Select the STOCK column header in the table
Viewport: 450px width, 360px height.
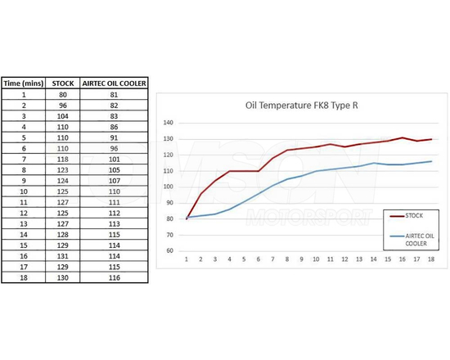(x=64, y=83)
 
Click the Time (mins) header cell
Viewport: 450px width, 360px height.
(x=23, y=83)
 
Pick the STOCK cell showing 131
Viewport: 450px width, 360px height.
(x=64, y=254)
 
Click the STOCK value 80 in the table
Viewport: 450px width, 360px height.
(x=64, y=94)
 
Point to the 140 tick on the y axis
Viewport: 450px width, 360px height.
(x=169, y=123)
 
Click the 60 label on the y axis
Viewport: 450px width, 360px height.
(x=170, y=250)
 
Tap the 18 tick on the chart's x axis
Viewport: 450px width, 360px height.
(x=431, y=259)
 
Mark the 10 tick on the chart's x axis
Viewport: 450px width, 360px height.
(x=316, y=259)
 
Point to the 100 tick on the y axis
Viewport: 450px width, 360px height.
(x=169, y=187)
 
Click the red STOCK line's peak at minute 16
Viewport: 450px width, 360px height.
(x=403, y=137)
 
